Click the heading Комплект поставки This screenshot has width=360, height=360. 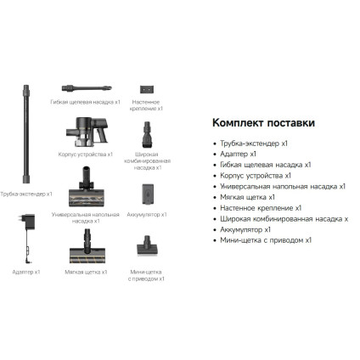click(x=255, y=121)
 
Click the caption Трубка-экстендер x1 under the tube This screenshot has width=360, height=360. click(x=26, y=194)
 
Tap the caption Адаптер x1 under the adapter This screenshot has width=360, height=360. click(x=26, y=272)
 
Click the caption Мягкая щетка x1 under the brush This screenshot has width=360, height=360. click(x=86, y=272)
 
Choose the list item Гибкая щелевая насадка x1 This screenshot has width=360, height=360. click(x=265, y=164)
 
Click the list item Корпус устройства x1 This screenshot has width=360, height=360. click(x=255, y=175)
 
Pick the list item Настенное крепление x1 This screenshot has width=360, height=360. click(x=260, y=207)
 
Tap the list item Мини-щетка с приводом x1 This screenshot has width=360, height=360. click(x=265, y=240)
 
